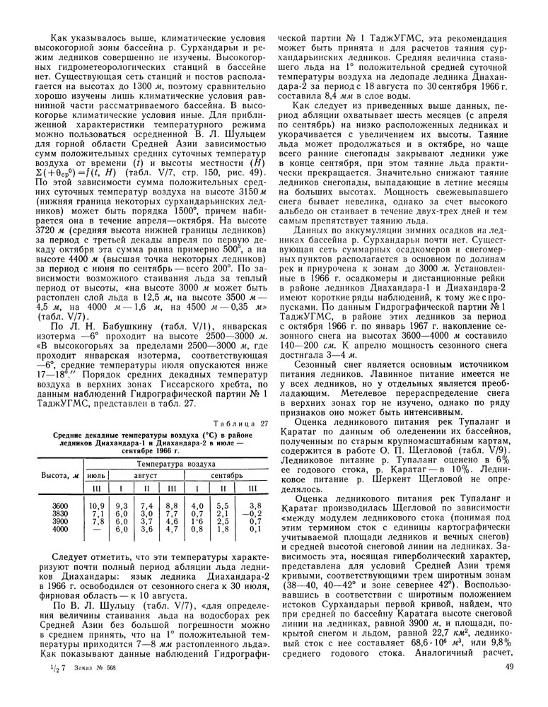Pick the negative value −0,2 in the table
(256, 513)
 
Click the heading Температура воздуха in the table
(177, 464)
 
